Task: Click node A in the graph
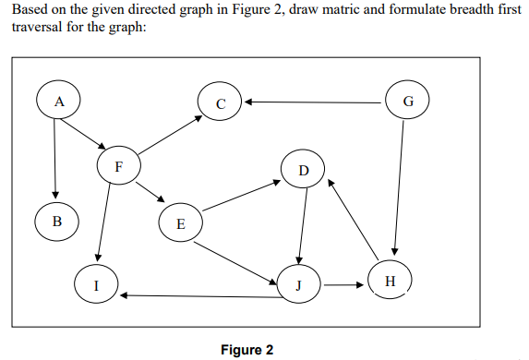[x=57, y=101]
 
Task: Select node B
[x=56, y=221]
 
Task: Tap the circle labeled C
[x=220, y=101]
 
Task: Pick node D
[x=304, y=171]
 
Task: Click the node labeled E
[x=180, y=222]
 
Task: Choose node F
[x=118, y=166]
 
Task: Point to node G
[x=407, y=100]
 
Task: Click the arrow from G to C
[x=314, y=102]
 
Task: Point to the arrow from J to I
[x=198, y=296]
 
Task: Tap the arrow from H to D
[x=355, y=222]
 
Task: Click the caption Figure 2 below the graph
[x=247, y=350]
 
